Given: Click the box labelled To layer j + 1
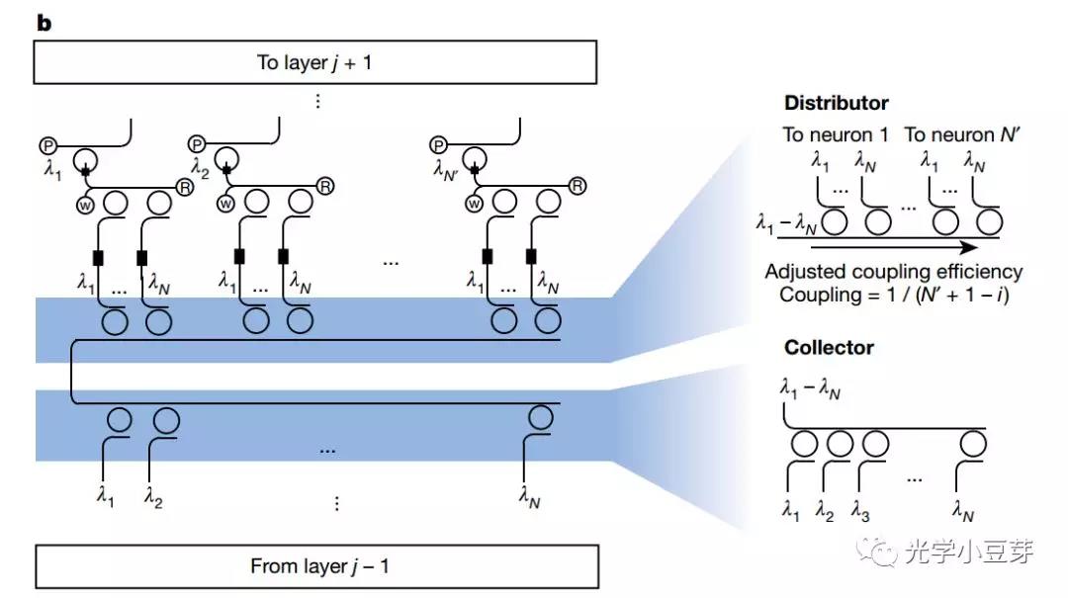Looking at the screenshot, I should [x=315, y=63].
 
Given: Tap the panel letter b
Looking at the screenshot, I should [x=44, y=23].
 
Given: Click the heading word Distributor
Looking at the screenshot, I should [x=836, y=103].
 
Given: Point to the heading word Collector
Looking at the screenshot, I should [x=829, y=348].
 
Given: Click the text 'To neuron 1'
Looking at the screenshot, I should [x=837, y=134].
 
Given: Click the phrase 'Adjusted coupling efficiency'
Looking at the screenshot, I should [x=894, y=272].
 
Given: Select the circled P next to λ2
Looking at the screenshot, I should [x=197, y=144].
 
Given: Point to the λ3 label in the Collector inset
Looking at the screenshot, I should [x=860, y=511].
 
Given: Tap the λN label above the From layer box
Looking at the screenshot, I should [x=530, y=497].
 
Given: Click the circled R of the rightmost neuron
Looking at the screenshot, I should [x=578, y=186].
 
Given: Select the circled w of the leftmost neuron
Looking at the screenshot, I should [x=84, y=205].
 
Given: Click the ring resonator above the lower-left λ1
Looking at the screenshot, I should [x=119, y=419].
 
